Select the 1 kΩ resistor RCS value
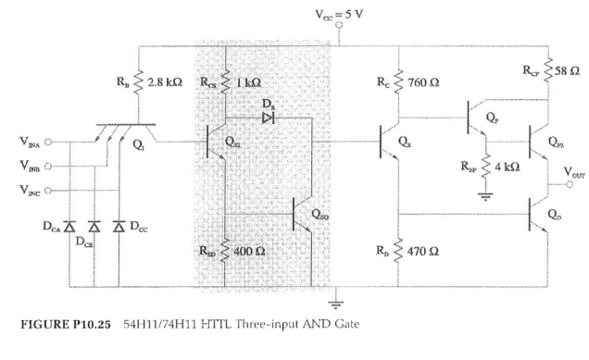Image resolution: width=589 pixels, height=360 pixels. pos(249,81)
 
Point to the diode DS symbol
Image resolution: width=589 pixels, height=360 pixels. pos(269,118)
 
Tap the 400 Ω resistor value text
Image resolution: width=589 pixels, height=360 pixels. pos(252,250)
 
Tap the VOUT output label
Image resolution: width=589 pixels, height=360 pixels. pos(567,174)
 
